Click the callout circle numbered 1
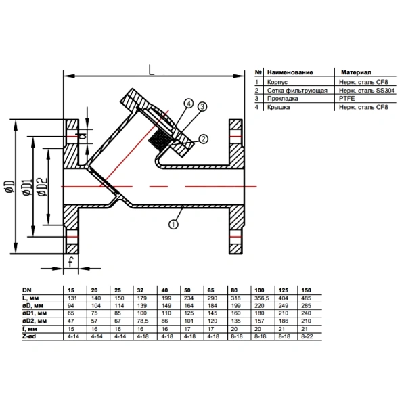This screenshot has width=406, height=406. pos(173,224)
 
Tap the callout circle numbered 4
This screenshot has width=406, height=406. pos(189,104)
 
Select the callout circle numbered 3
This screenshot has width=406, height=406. pos(202,106)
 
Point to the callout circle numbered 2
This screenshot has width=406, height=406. pos(203,139)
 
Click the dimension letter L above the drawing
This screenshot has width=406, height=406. pos(151,70)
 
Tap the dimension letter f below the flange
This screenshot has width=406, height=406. pos(70,262)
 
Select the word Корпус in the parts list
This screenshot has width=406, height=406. pos(277,82)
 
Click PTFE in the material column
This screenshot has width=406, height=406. pos(346,99)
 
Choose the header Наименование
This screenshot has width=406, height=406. pos(290,72)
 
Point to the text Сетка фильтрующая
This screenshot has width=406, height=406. pos(297,91)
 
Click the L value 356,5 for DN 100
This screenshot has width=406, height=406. pos(261,298)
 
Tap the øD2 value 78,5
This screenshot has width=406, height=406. pos(142,321)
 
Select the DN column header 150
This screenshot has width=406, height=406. pos(306,290)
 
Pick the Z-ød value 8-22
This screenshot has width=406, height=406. pos(307,336)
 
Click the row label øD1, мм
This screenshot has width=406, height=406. pos(35,313)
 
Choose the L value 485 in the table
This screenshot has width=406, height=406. pos(306,298)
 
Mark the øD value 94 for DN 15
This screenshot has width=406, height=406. pos(70,306)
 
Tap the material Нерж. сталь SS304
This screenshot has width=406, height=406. pos(367,91)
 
